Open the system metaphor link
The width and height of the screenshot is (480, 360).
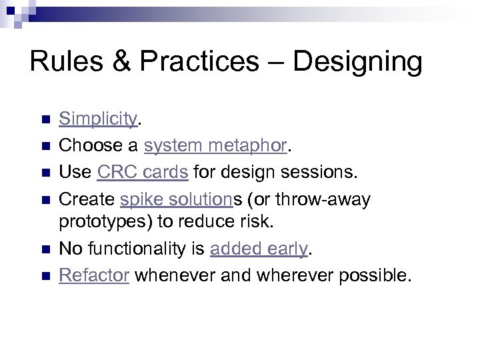tap(215, 145)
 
